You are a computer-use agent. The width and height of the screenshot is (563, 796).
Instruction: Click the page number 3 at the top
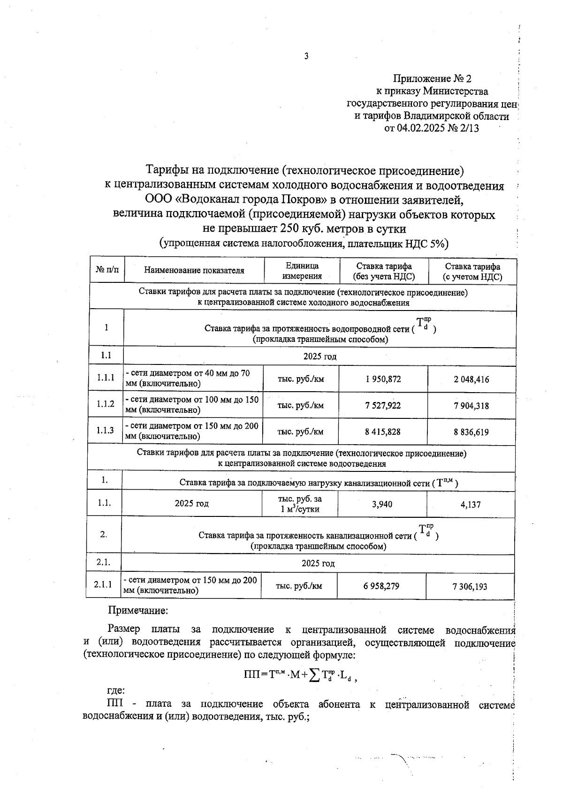pyautogui.click(x=306, y=56)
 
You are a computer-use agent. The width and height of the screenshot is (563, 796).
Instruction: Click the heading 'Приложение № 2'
pyautogui.click(x=432, y=78)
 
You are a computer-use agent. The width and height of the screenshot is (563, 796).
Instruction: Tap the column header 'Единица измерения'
pyautogui.click(x=302, y=271)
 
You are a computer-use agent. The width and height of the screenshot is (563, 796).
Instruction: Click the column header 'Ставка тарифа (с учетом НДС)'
pyautogui.click(x=472, y=272)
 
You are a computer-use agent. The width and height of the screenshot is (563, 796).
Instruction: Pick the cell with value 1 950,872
pyautogui.click(x=383, y=379)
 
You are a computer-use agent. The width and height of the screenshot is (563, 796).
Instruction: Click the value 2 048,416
pyautogui.click(x=471, y=379)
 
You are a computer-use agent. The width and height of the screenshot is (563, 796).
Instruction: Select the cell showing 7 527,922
pyautogui.click(x=383, y=405)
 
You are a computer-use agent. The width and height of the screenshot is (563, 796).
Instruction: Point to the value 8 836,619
pyautogui.click(x=471, y=432)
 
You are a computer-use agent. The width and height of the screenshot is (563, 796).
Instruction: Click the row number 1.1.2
pyautogui.click(x=106, y=403)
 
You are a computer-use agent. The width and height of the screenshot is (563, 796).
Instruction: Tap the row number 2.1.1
pyautogui.click(x=103, y=584)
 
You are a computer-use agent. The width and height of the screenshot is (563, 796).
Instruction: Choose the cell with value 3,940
pyautogui.click(x=382, y=504)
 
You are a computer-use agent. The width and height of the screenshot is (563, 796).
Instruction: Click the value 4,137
pyautogui.click(x=471, y=505)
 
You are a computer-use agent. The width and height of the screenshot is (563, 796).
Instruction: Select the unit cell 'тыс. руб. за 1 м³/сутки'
pyautogui.click(x=300, y=504)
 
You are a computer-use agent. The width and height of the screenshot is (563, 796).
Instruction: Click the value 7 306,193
pyautogui.click(x=470, y=586)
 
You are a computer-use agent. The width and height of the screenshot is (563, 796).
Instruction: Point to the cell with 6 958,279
pyautogui.click(x=381, y=585)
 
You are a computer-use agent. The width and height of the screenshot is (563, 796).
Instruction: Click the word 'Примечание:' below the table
pyautogui.click(x=138, y=611)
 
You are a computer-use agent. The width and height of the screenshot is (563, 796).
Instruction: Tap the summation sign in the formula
pyautogui.click(x=315, y=675)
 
